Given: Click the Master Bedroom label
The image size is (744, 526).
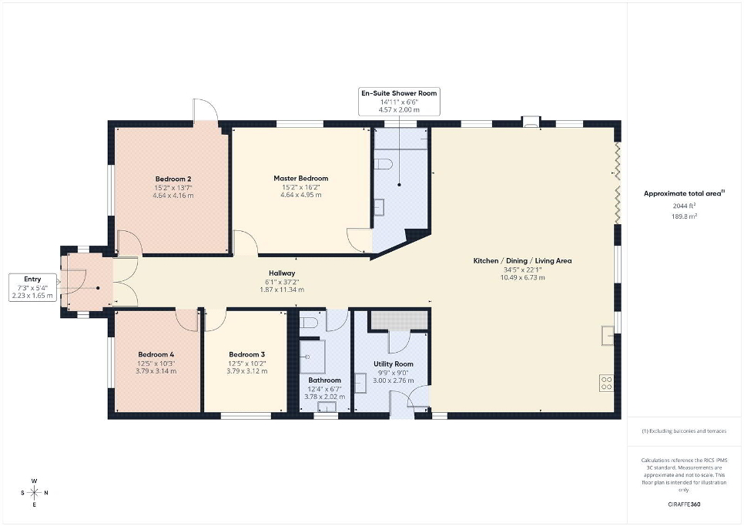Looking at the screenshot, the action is point(301,179).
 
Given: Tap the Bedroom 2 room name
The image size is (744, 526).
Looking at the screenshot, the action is point(173,179).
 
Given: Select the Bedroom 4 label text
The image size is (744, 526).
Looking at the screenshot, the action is point(156,354).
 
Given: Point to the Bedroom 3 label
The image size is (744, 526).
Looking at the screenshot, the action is point(246,354).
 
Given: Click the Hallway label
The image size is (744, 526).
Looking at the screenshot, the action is point(282,273).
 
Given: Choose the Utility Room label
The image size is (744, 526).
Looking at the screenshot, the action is point(394,364).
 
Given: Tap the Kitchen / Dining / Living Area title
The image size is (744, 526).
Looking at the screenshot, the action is point(522,261).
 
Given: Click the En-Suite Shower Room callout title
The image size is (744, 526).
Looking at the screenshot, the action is point(399,93).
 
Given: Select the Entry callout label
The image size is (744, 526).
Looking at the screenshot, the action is point(32,280).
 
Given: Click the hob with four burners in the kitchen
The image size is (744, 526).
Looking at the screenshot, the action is point(606,383).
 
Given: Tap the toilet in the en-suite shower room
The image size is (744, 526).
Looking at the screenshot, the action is point(384,164).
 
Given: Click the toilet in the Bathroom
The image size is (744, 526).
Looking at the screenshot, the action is point(308,323).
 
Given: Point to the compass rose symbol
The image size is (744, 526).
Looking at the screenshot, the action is point(34,493).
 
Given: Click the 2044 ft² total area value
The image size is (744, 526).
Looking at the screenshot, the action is point(684,206).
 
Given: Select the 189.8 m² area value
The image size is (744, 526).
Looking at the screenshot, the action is point(684,216).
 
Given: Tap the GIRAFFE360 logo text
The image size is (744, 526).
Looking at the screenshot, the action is point(684,504).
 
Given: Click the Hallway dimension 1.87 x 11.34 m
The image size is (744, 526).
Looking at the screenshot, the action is point(282,290).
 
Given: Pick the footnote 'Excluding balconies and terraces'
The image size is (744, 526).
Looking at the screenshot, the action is point(684,431).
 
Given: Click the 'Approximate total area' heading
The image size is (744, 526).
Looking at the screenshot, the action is point(684,193).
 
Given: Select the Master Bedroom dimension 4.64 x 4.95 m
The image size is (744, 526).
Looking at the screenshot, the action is point(301,195).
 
